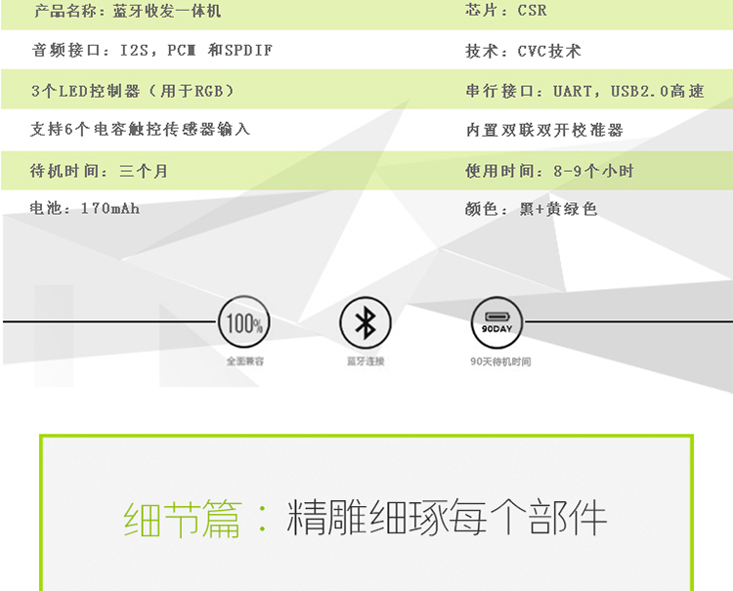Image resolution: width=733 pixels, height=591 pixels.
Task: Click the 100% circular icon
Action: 242,322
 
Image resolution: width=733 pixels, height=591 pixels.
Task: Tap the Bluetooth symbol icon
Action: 365,322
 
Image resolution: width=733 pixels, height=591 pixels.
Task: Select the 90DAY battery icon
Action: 496,322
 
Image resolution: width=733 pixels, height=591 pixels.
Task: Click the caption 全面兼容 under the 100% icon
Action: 244,361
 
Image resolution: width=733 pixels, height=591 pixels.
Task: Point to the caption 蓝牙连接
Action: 366,361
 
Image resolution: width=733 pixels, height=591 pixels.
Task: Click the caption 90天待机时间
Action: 499,361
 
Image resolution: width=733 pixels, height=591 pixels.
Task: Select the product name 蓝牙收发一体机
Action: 167,12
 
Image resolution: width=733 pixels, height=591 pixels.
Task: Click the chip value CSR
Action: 532,12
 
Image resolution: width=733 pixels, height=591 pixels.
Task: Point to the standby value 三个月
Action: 144,171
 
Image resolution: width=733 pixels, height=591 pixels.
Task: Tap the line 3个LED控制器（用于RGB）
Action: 132,91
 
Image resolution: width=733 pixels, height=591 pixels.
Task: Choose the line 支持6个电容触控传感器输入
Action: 141,129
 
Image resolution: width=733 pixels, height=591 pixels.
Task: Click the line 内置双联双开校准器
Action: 544,130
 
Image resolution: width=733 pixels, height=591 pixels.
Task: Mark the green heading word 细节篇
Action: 183,520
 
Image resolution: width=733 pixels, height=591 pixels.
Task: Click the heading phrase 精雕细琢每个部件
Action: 447,520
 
